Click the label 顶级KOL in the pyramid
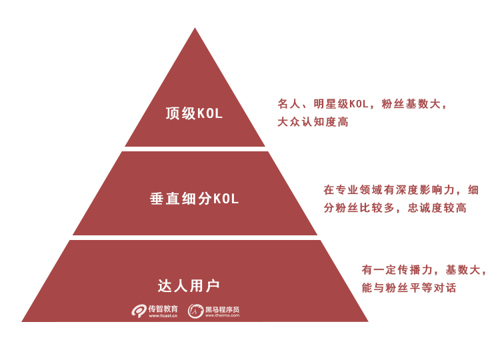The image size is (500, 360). (x=194, y=113)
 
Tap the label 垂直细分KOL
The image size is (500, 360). (x=194, y=199)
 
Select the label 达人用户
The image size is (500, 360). (x=189, y=285)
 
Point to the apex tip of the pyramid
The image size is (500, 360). (x=195, y=28)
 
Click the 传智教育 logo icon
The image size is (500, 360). (x=139, y=311)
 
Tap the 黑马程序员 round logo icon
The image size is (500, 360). (x=195, y=311)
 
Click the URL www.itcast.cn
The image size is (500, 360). (x=163, y=316)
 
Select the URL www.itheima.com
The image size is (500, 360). (x=222, y=315)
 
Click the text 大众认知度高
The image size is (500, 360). (x=313, y=122)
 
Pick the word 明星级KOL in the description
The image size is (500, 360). (x=341, y=104)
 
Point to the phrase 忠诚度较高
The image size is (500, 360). (x=437, y=208)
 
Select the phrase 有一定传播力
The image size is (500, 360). (x=397, y=270)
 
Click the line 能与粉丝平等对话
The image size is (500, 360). (x=409, y=287)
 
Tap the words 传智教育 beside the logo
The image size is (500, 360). (x=163, y=309)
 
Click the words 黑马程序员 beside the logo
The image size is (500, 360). (x=222, y=309)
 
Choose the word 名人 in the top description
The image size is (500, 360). (x=289, y=104)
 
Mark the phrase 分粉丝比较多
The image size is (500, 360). (x=359, y=208)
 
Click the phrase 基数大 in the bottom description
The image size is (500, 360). (x=463, y=270)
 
